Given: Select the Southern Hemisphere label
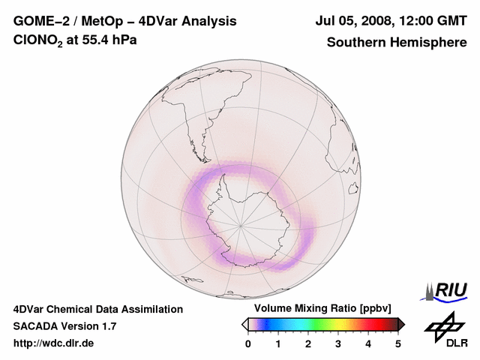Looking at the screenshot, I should (x=396, y=43).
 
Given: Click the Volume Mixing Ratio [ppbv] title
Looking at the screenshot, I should (x=322, y=309).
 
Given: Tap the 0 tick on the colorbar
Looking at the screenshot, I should (x=248, y=343).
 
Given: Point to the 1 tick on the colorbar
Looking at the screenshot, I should (x=278, y=343).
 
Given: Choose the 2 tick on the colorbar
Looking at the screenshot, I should (x=308, y=343).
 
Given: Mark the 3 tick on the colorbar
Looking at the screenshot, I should (x=338, y=343).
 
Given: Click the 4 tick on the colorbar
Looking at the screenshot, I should (x=368, y=343).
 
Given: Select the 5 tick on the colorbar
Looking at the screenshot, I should (x=398, y=343).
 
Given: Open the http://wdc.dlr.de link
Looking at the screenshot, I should (x=54, y=343).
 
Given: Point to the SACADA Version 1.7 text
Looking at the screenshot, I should (x=64, y=326).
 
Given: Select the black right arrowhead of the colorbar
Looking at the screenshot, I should (x=401, y=324).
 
